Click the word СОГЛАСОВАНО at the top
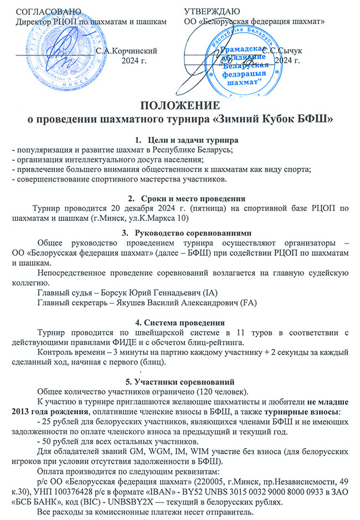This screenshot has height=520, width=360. coord(49,11)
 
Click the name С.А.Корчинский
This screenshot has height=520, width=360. coord(130,50)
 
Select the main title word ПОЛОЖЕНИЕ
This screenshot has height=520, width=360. coord(179,106)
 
